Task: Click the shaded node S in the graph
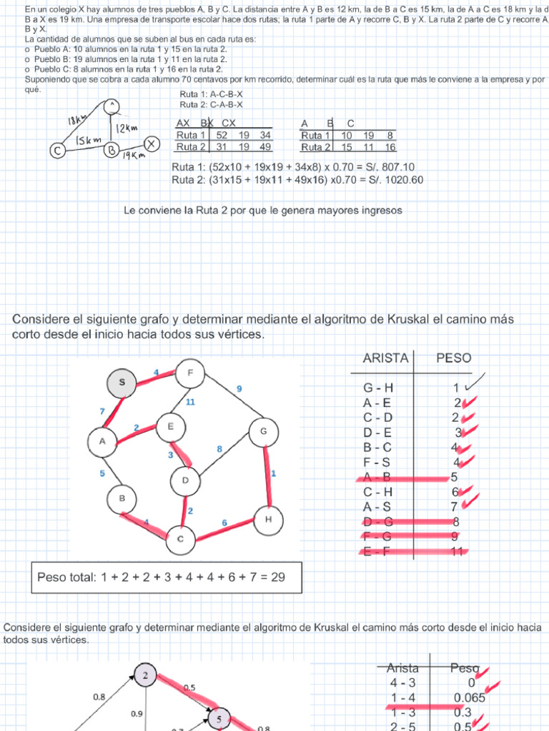pyautogui.click(x=122, y=383)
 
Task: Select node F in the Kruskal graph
pyautogui.click(x=190, y=373)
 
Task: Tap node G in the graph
pyautogui.click(x=263, y=431)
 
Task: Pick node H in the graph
pyautogui.click(x=268, y=520)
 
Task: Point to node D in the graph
pyautogui.click(x=185, y=480)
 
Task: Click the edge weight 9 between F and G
pyautogui.click(x=239, y=389)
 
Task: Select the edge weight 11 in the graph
pyautogui.click(x=190, y=403)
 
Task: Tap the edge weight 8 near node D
pyautogui.click(x=220, y=448)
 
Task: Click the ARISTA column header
pyautogui.click(x=386, y=358)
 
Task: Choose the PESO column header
pyautogui.click(x=454, y=358)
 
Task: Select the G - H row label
pyautogui.click(x=378, y=388)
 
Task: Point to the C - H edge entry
pyautogui.click(x=377, y=492)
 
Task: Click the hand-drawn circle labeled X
pyautogui.click(x=151, y=143)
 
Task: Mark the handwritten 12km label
pyautogui.click(x=127, y=128)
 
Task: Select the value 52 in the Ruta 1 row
pyautogui.click(x=222, y=135)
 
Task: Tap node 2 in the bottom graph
pyautogui.click(x=145, y=675)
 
